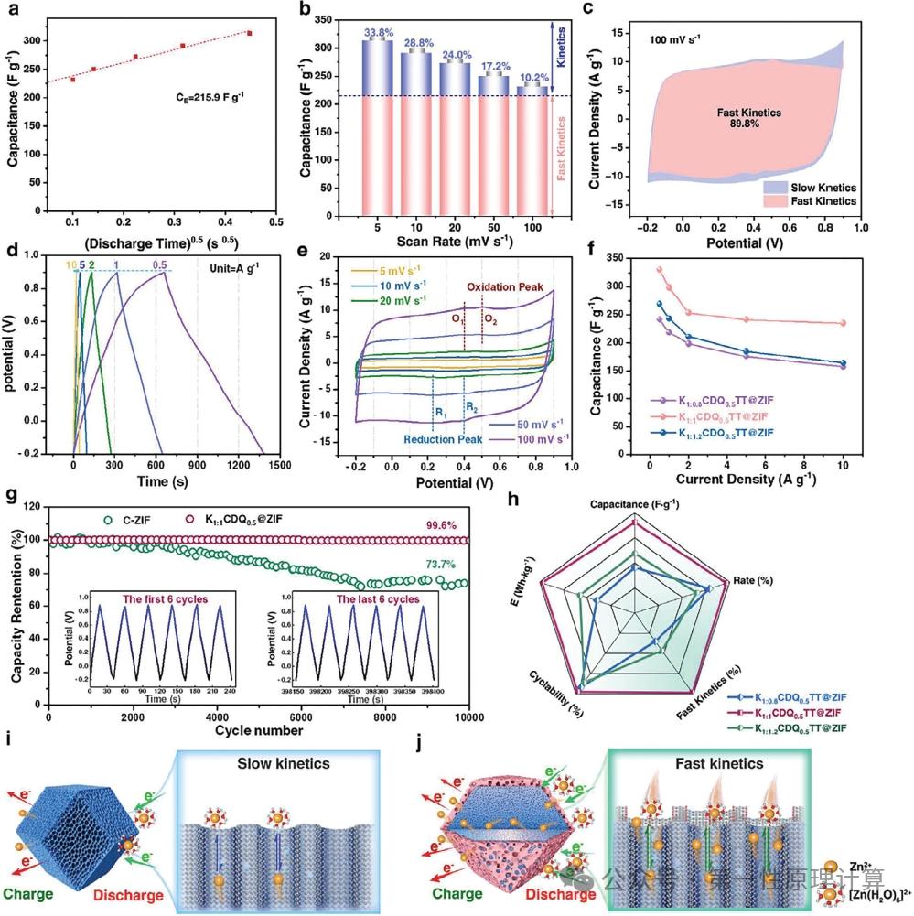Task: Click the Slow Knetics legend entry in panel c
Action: [809, 186]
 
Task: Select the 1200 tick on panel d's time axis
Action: [238, 463]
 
